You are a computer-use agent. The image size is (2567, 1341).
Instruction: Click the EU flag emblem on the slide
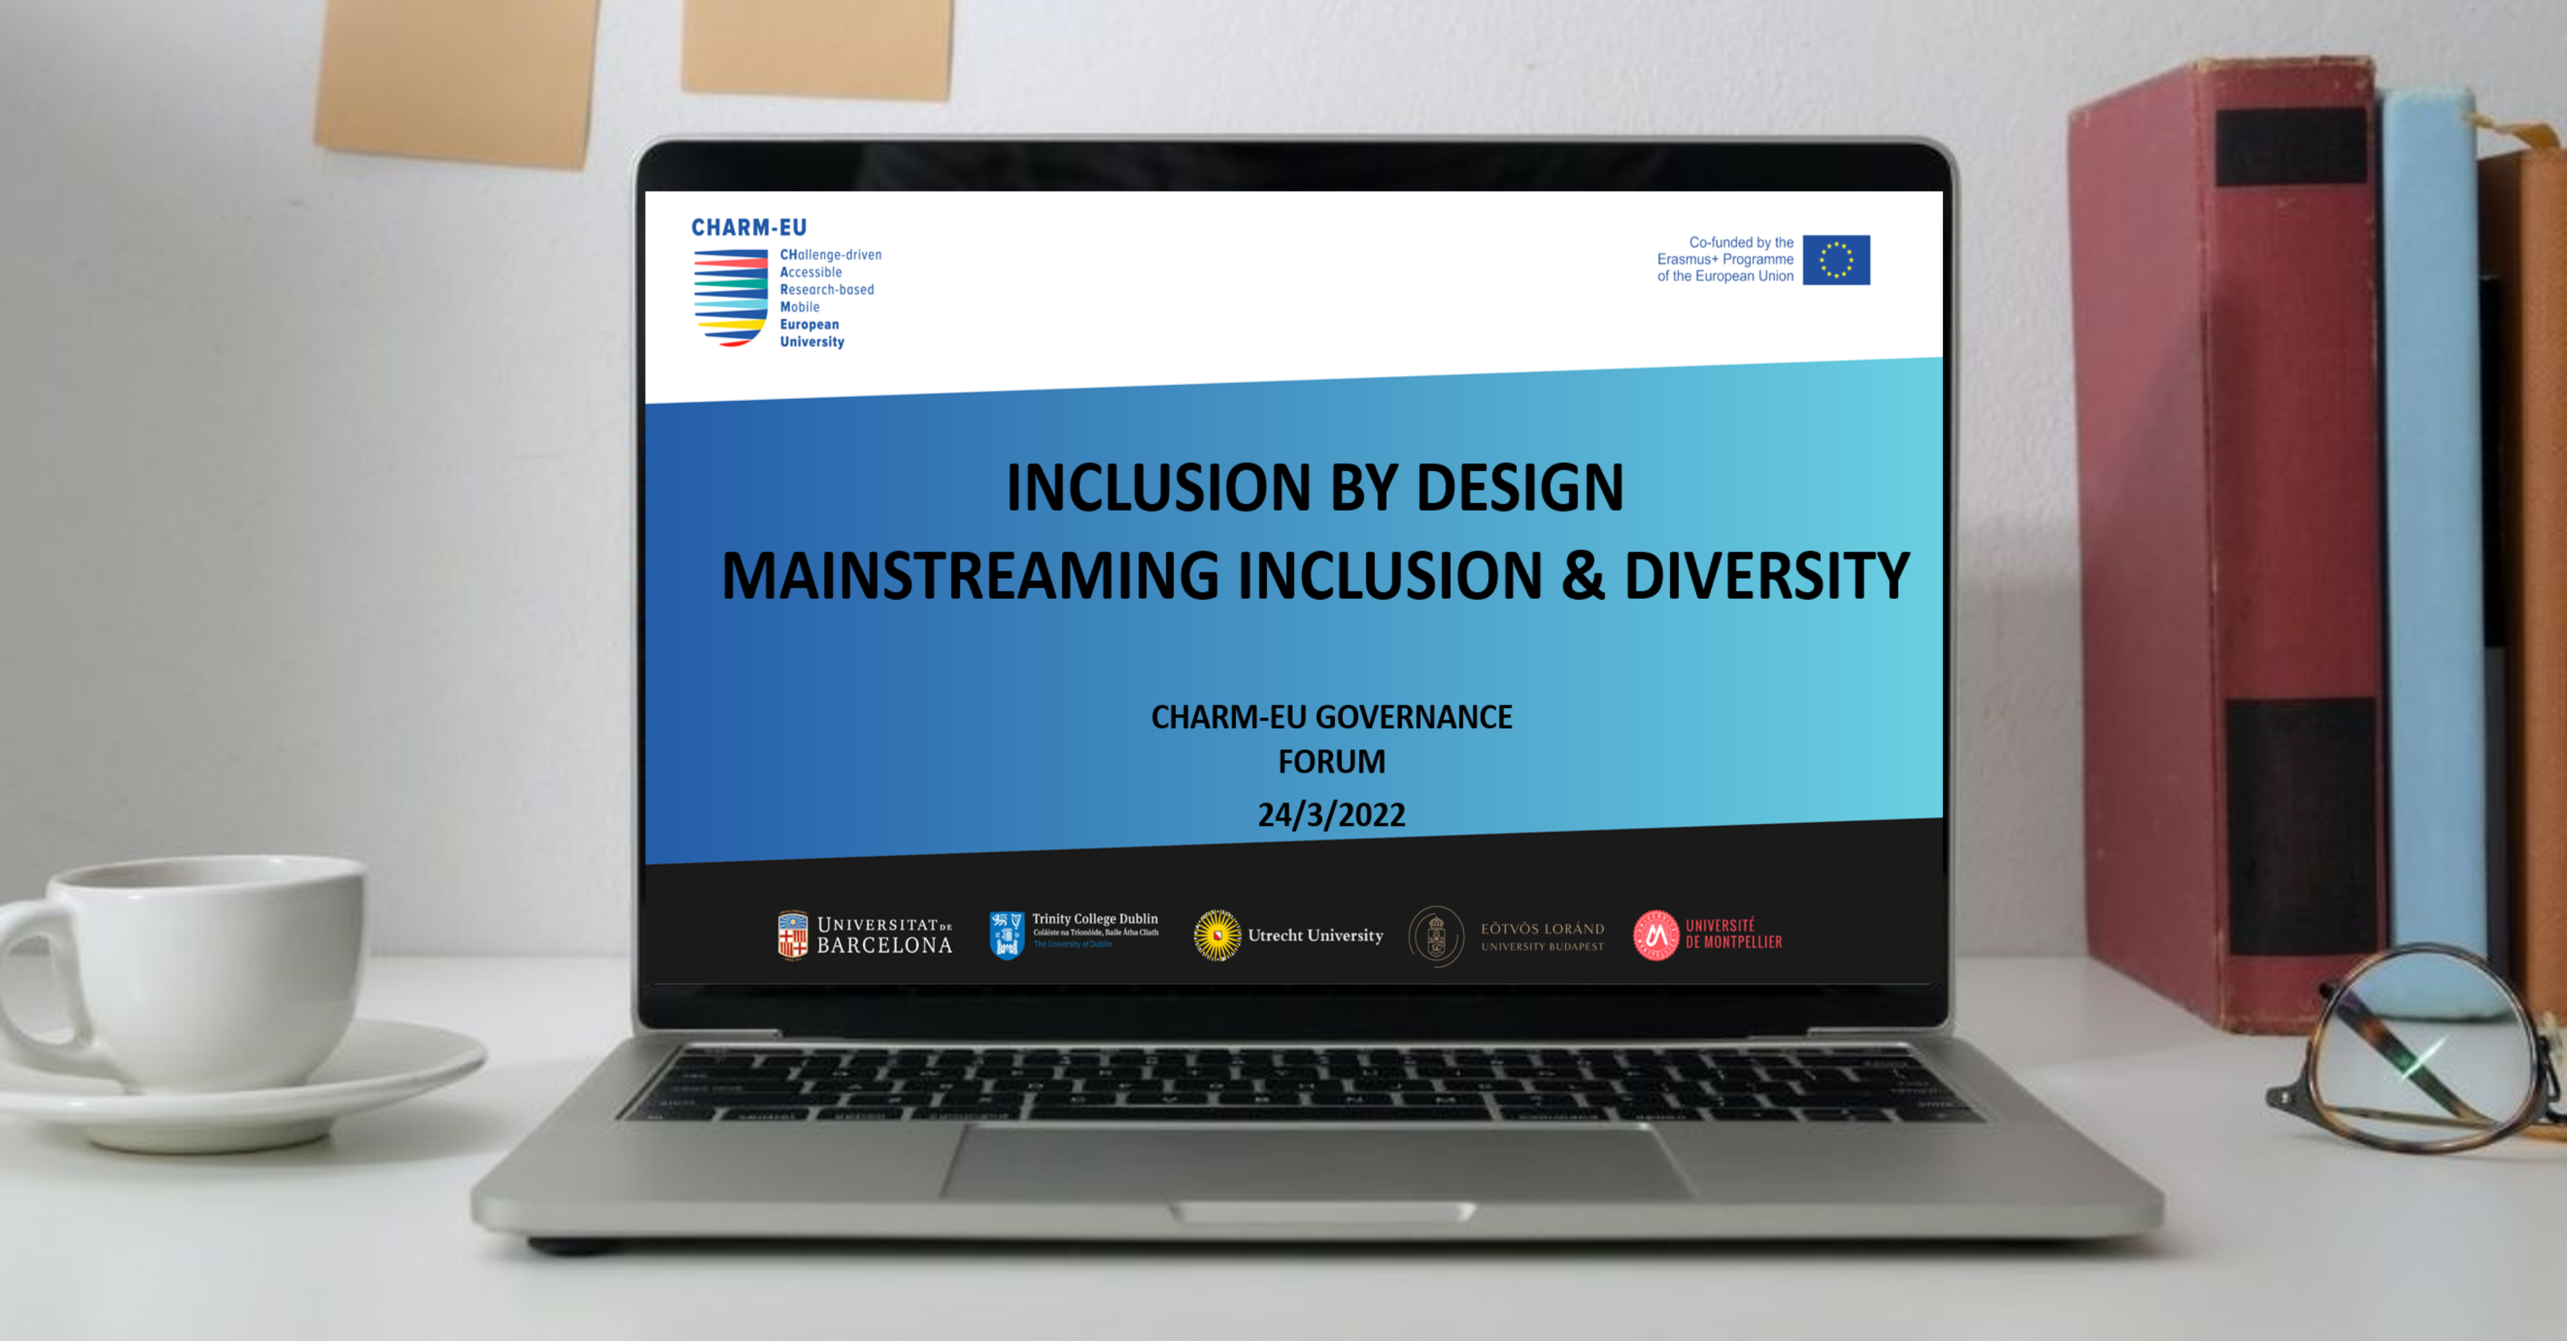pyautogui.click(x=1836, y=260)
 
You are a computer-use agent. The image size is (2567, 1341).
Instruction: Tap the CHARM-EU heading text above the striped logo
pyautogui.click(x=748, y=228)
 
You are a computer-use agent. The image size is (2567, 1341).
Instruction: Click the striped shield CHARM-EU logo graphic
pyautogui.click(x=731, y=297)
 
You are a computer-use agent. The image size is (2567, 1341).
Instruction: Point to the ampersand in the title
pyautogui.click(x=1582, y=577)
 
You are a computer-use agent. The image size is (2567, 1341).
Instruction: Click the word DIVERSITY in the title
pyautogui.click(x=1766, y=577)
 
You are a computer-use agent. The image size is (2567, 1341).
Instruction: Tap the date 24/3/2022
pyautogui.click(x=1332, y=815)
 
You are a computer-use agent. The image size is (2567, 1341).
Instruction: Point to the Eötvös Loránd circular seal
pyautogui.click(x=1436, y=936)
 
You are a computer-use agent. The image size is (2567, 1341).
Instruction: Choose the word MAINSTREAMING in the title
pyautogui.click(x=969, y=577)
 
